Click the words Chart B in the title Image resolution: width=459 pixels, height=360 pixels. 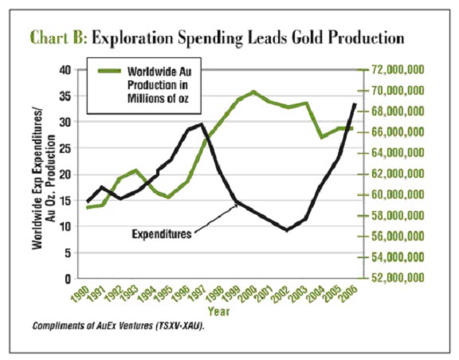(58, 38)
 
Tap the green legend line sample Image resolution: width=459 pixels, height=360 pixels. (109, 71)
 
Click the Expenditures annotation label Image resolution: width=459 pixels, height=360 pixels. (162, 234)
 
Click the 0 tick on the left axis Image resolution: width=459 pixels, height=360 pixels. (68, 279)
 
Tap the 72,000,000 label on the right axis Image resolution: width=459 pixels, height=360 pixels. (398, 70)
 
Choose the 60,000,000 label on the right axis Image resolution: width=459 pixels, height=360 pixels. (398, 194)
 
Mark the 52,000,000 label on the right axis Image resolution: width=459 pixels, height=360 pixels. (398, 277)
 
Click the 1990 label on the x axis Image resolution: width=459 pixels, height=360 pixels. (80, 293)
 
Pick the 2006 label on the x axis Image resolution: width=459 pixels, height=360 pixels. (349, 293)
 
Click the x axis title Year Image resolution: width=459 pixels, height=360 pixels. (218, 311)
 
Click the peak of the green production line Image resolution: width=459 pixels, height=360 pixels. (253, 92)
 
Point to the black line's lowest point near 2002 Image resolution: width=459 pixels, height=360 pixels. (287, 230)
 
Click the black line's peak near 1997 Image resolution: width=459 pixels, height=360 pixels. (201, 124)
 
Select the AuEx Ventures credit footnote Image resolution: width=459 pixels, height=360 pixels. (118, 326)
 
